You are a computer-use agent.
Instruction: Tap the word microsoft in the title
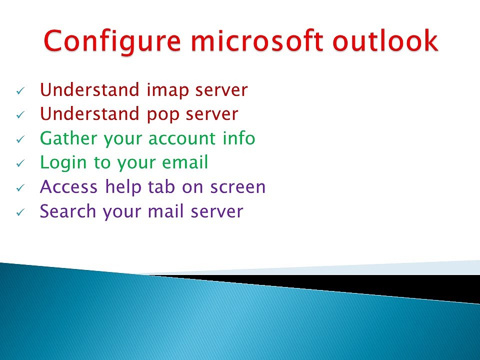point(257,40)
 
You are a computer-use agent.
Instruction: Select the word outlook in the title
point(385,40)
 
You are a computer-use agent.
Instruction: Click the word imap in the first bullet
point(168,90)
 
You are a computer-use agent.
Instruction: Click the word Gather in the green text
point(68,138)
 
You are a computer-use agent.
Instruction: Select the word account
point(181,139)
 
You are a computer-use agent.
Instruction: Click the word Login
point(63,163)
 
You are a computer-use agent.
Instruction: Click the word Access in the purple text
point(68,186)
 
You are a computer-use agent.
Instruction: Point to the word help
point(123,187)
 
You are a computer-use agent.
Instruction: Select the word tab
point(161,186)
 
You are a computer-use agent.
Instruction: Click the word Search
point(67,211)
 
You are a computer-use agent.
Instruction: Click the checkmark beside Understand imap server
point(20,90)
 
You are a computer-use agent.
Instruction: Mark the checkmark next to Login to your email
point(20,163)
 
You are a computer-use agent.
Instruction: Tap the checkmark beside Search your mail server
point(20,212)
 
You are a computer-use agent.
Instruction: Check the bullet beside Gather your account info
point(20,139)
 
